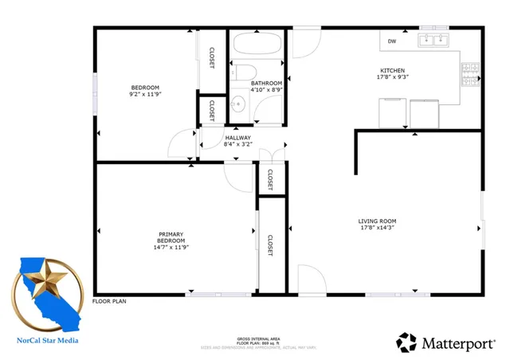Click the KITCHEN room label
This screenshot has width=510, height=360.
[392, 70]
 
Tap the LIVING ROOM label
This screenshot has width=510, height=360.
[378, 221]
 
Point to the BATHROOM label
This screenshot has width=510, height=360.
[266, 83]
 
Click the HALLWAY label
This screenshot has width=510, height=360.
[237, 138]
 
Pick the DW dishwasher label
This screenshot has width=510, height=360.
[392, 41]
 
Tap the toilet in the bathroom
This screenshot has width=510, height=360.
[243, 71]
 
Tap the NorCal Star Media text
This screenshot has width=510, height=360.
[48, 340]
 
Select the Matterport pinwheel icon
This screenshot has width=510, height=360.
[406, 342]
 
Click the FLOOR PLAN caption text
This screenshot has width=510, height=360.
[110, 301]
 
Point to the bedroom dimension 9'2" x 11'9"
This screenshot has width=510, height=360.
[146, 94]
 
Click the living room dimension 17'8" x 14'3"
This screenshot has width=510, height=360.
[378, 228]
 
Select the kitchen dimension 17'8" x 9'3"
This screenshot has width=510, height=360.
[392, 77]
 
